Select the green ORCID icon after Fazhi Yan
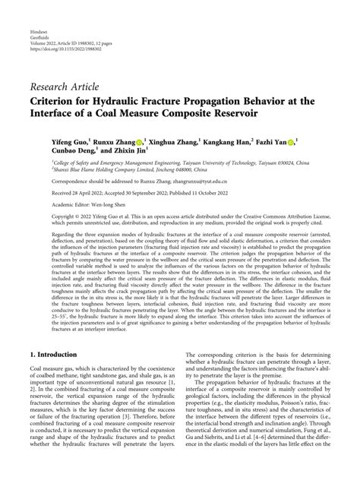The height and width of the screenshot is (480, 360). pyautogui.click(x=294, y=141)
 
